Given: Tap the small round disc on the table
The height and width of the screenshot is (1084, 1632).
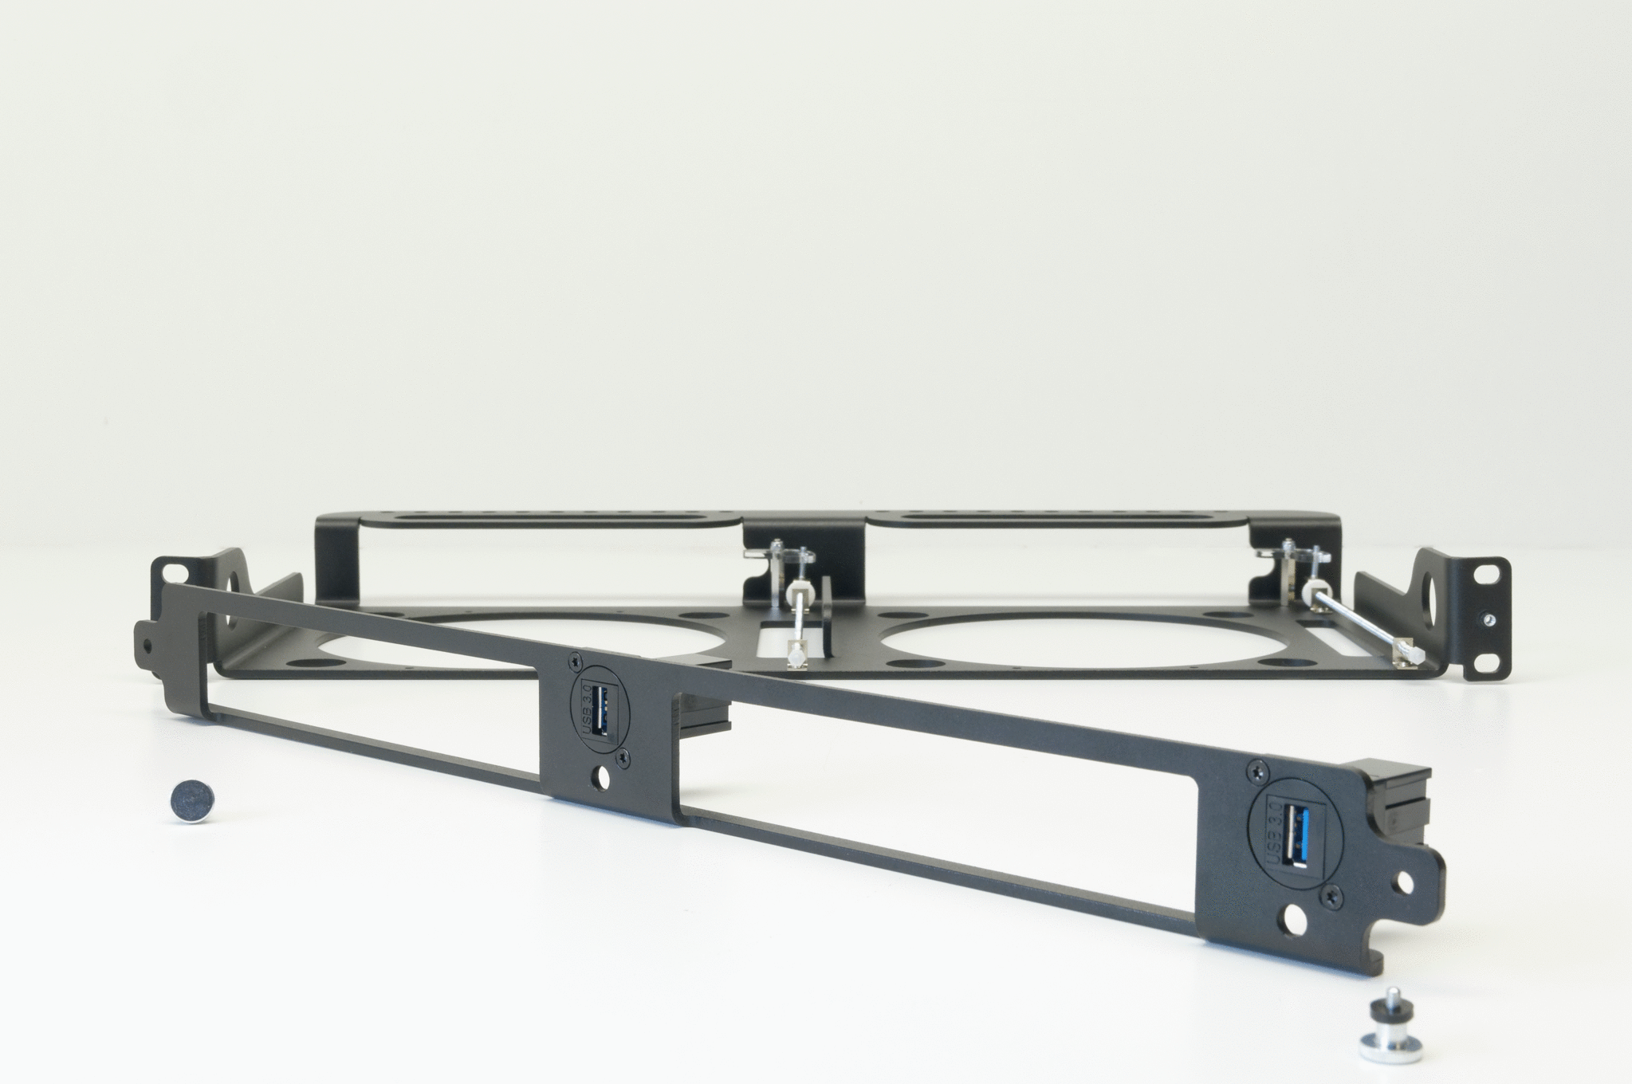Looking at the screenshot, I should (x=193, y=800).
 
